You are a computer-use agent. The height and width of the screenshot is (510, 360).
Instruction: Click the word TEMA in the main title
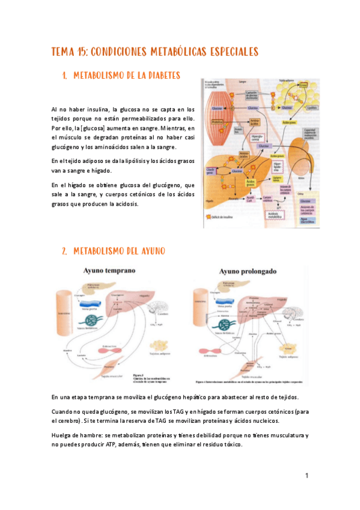coord(63,52)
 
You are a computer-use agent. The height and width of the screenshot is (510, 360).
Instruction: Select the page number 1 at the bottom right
coord(307,476)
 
